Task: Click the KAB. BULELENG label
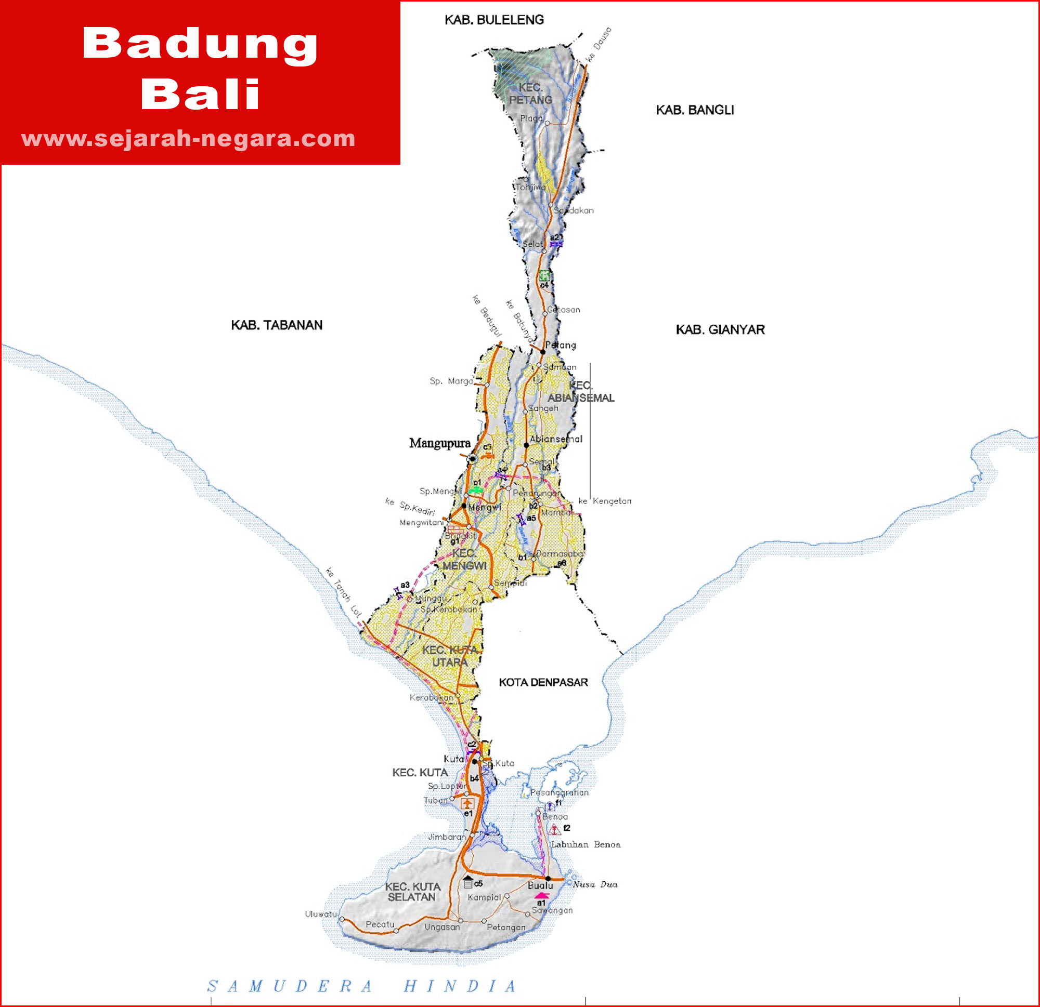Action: click(494, 20)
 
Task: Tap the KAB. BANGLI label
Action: click(695, 110)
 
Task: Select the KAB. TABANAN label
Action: click(277, 325)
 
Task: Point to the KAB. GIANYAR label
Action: click(720, 329)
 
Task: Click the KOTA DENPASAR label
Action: click(543, 682)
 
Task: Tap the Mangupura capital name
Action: click(439, 443)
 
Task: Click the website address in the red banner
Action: click(188, 138)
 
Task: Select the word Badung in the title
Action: click(200, 44)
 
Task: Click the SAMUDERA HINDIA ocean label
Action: click(361, 986)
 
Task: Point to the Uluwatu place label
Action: click(320, 913)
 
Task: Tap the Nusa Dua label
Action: click(595, 884)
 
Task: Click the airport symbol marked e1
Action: click(467, 803)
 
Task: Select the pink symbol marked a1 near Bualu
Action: click(541, 896)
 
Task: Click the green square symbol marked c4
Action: click(544, 275)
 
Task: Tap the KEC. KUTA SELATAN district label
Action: click(412, 892)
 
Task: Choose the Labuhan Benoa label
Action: click(586, 844)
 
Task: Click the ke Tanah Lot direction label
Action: click(343, 592)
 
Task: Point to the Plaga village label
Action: click(531, 118)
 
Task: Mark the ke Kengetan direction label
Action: click(604, 501)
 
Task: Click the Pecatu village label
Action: click(380, 924)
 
